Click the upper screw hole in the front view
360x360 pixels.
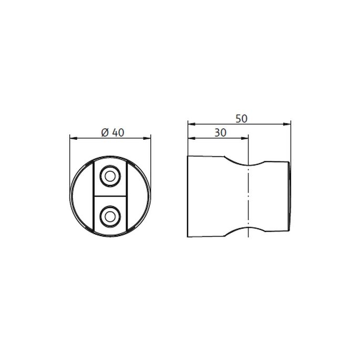tap(110, 177)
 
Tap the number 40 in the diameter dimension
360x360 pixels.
tap(118, 133)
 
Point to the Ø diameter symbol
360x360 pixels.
tap(104, 133)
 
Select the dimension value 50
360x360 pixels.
tap(241, 119)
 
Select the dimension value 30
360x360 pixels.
tap(220, 133)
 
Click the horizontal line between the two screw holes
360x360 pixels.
tap(110, 196)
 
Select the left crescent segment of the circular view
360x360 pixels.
tap(81, 196)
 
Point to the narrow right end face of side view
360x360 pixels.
tap(289, 196)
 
